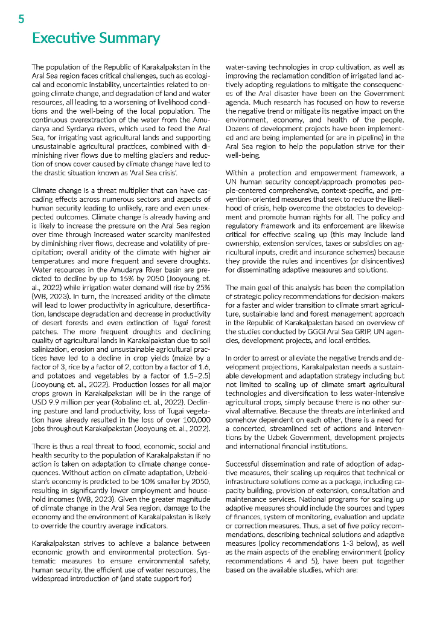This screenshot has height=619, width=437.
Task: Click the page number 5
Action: click(x=21, y=19)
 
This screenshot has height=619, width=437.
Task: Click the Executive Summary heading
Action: click(x=95, y=39)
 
